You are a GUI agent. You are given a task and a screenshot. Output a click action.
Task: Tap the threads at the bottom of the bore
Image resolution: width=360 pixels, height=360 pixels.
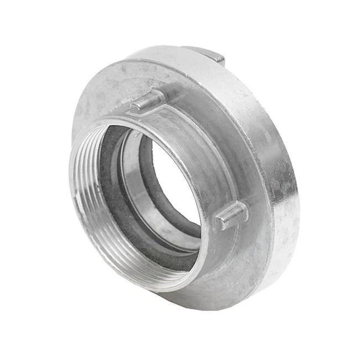[144, 271]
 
